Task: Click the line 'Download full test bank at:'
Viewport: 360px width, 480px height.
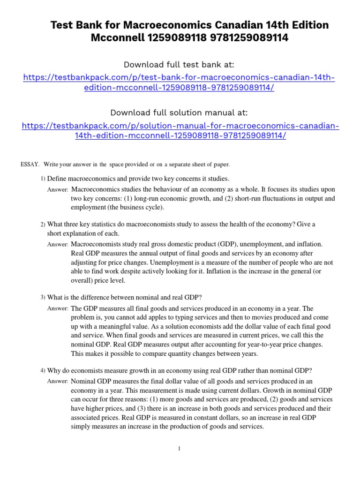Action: click(x=180, y=64)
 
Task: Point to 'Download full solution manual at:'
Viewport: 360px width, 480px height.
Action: click(x=180, y=112)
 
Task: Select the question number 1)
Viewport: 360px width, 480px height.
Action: click(x=43, y=179)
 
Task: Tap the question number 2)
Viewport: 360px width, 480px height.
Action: click(x=43, y=225)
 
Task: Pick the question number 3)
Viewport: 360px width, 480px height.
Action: click(x=43, y=297)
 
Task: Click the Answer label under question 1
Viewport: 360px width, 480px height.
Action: click(x=58, y=190)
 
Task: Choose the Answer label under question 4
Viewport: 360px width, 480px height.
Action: click(x=58, y=382)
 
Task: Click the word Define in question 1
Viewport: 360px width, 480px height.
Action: click(x=58, y=179)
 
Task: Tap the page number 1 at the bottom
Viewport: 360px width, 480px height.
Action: click(x=179, y=449)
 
